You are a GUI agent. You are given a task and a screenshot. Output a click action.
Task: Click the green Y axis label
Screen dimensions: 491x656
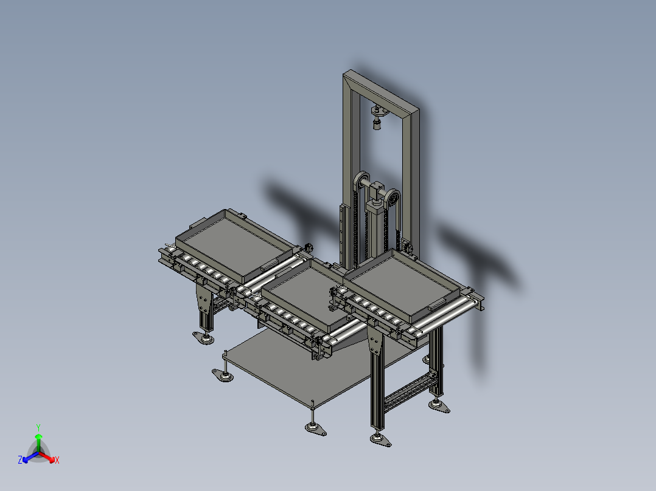point(38,427)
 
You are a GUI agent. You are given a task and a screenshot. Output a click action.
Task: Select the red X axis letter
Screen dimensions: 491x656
point(57,461)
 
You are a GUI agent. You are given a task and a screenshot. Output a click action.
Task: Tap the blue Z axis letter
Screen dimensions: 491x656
point(20,461)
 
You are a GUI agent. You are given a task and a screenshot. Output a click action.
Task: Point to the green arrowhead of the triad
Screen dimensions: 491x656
point(38,436)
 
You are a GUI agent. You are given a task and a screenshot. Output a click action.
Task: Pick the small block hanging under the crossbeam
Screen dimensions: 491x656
point(377,125)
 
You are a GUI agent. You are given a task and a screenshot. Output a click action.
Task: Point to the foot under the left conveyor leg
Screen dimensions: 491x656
point(204,337)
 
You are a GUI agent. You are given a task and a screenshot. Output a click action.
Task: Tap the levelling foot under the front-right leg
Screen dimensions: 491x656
point(380,439)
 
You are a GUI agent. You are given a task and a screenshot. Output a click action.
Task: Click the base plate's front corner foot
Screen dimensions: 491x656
point(314,428)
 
